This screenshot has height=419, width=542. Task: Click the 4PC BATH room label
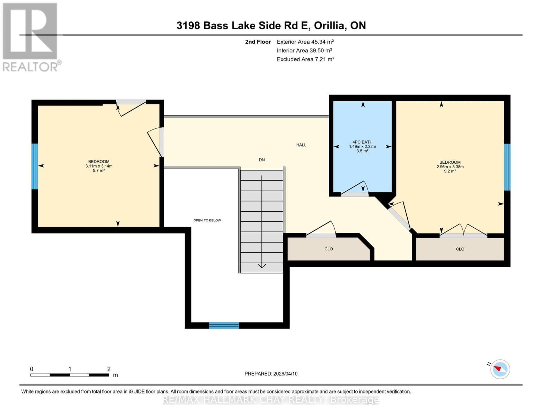(362, 142)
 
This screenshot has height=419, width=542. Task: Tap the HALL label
(301, 145)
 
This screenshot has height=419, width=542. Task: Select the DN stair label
(262, 160)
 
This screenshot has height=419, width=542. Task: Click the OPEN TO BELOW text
(207, 220)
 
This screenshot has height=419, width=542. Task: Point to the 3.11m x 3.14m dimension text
(99, 166)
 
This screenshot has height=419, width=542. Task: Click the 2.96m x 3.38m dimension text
(450, 167)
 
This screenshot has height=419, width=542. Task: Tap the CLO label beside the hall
(328, 249)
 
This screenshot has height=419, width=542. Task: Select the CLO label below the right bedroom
(460, 249)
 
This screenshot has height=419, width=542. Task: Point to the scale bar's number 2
(109, 369)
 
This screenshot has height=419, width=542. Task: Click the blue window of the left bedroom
(35, 166)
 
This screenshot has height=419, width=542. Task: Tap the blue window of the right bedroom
(507, 167)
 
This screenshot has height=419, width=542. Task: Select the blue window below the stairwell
(224, 325)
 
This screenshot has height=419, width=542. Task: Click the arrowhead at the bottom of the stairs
(262, 266)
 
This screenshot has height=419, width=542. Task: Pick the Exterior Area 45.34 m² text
(305, 42)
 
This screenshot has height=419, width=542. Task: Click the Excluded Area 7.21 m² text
(305, 59)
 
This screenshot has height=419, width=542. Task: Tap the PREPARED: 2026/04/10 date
(271, 374)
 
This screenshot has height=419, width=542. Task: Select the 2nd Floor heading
(258, 42)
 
